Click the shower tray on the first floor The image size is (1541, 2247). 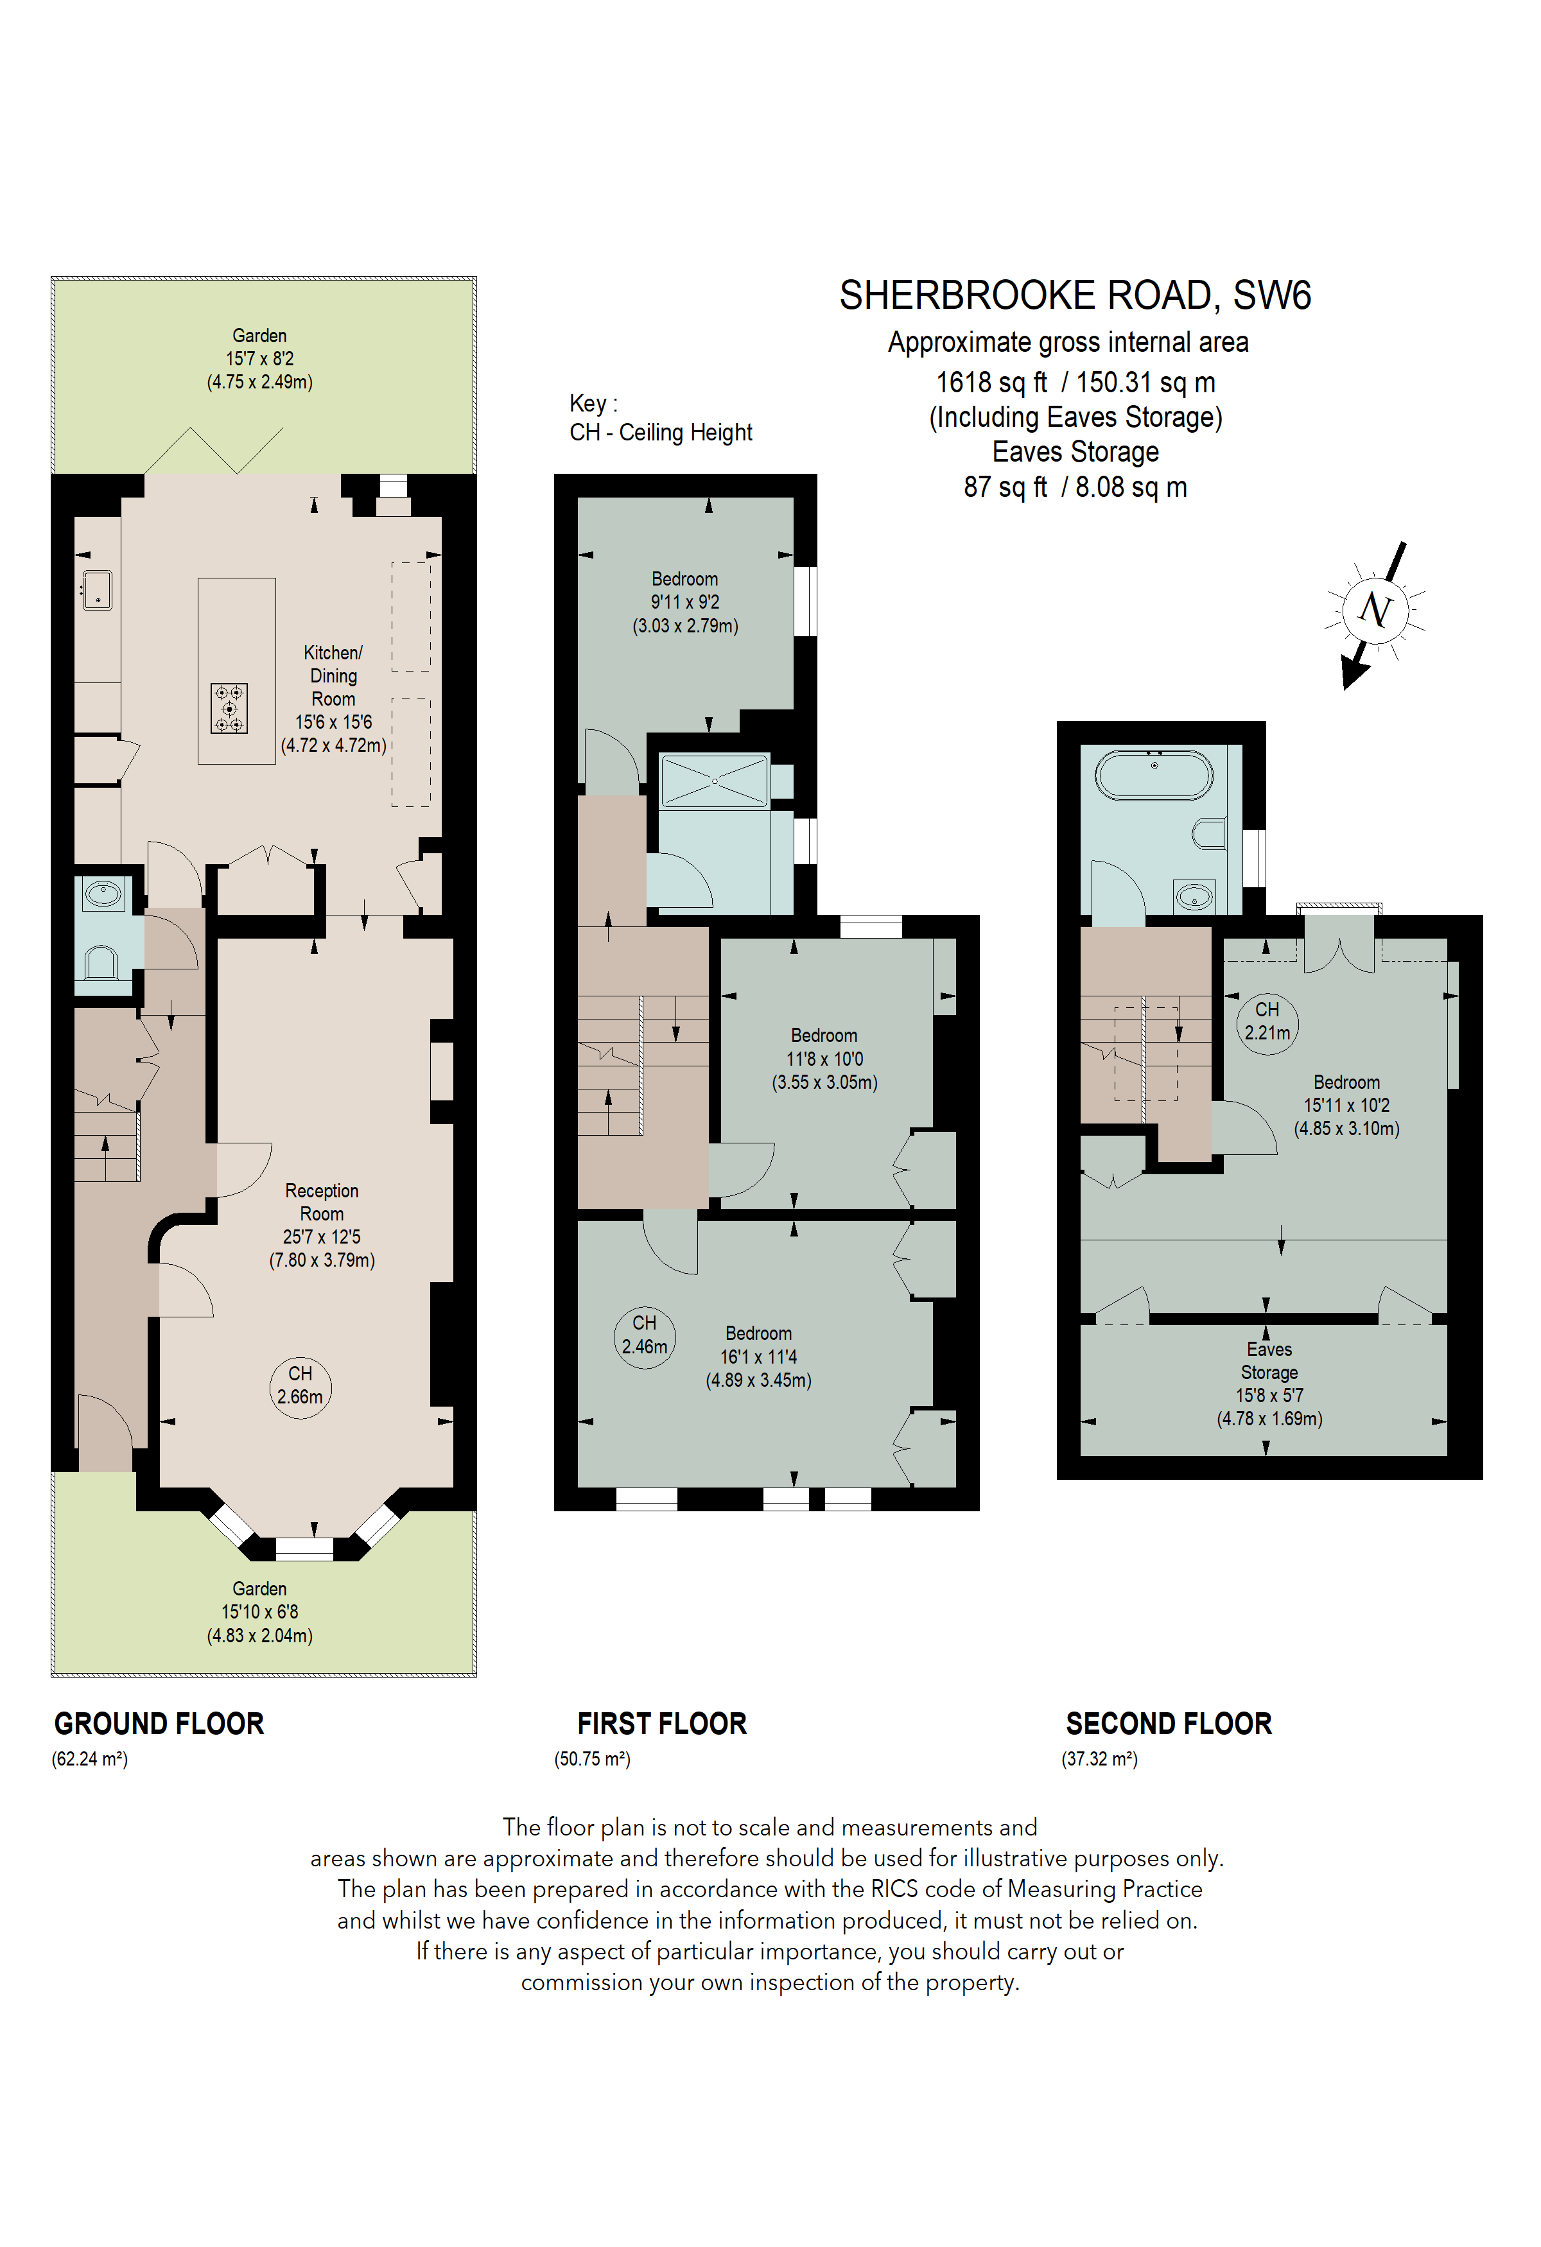pos(715,780)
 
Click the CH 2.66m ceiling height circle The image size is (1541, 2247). pos(300,1385)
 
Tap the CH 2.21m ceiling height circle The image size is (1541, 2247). pos(1266,1021)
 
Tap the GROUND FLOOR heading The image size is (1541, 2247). pos(159,1723)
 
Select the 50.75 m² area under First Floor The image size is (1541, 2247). pos(591,1758)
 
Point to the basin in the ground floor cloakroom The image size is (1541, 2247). pos(103,894)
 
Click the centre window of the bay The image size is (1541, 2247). pos(304,1548)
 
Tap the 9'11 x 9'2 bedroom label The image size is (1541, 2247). pos(684,602)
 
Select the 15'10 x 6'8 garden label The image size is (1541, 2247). pos(259,1612)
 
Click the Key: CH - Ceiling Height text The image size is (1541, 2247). pos(660,418)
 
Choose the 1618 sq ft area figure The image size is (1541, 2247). pos(991,383)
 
